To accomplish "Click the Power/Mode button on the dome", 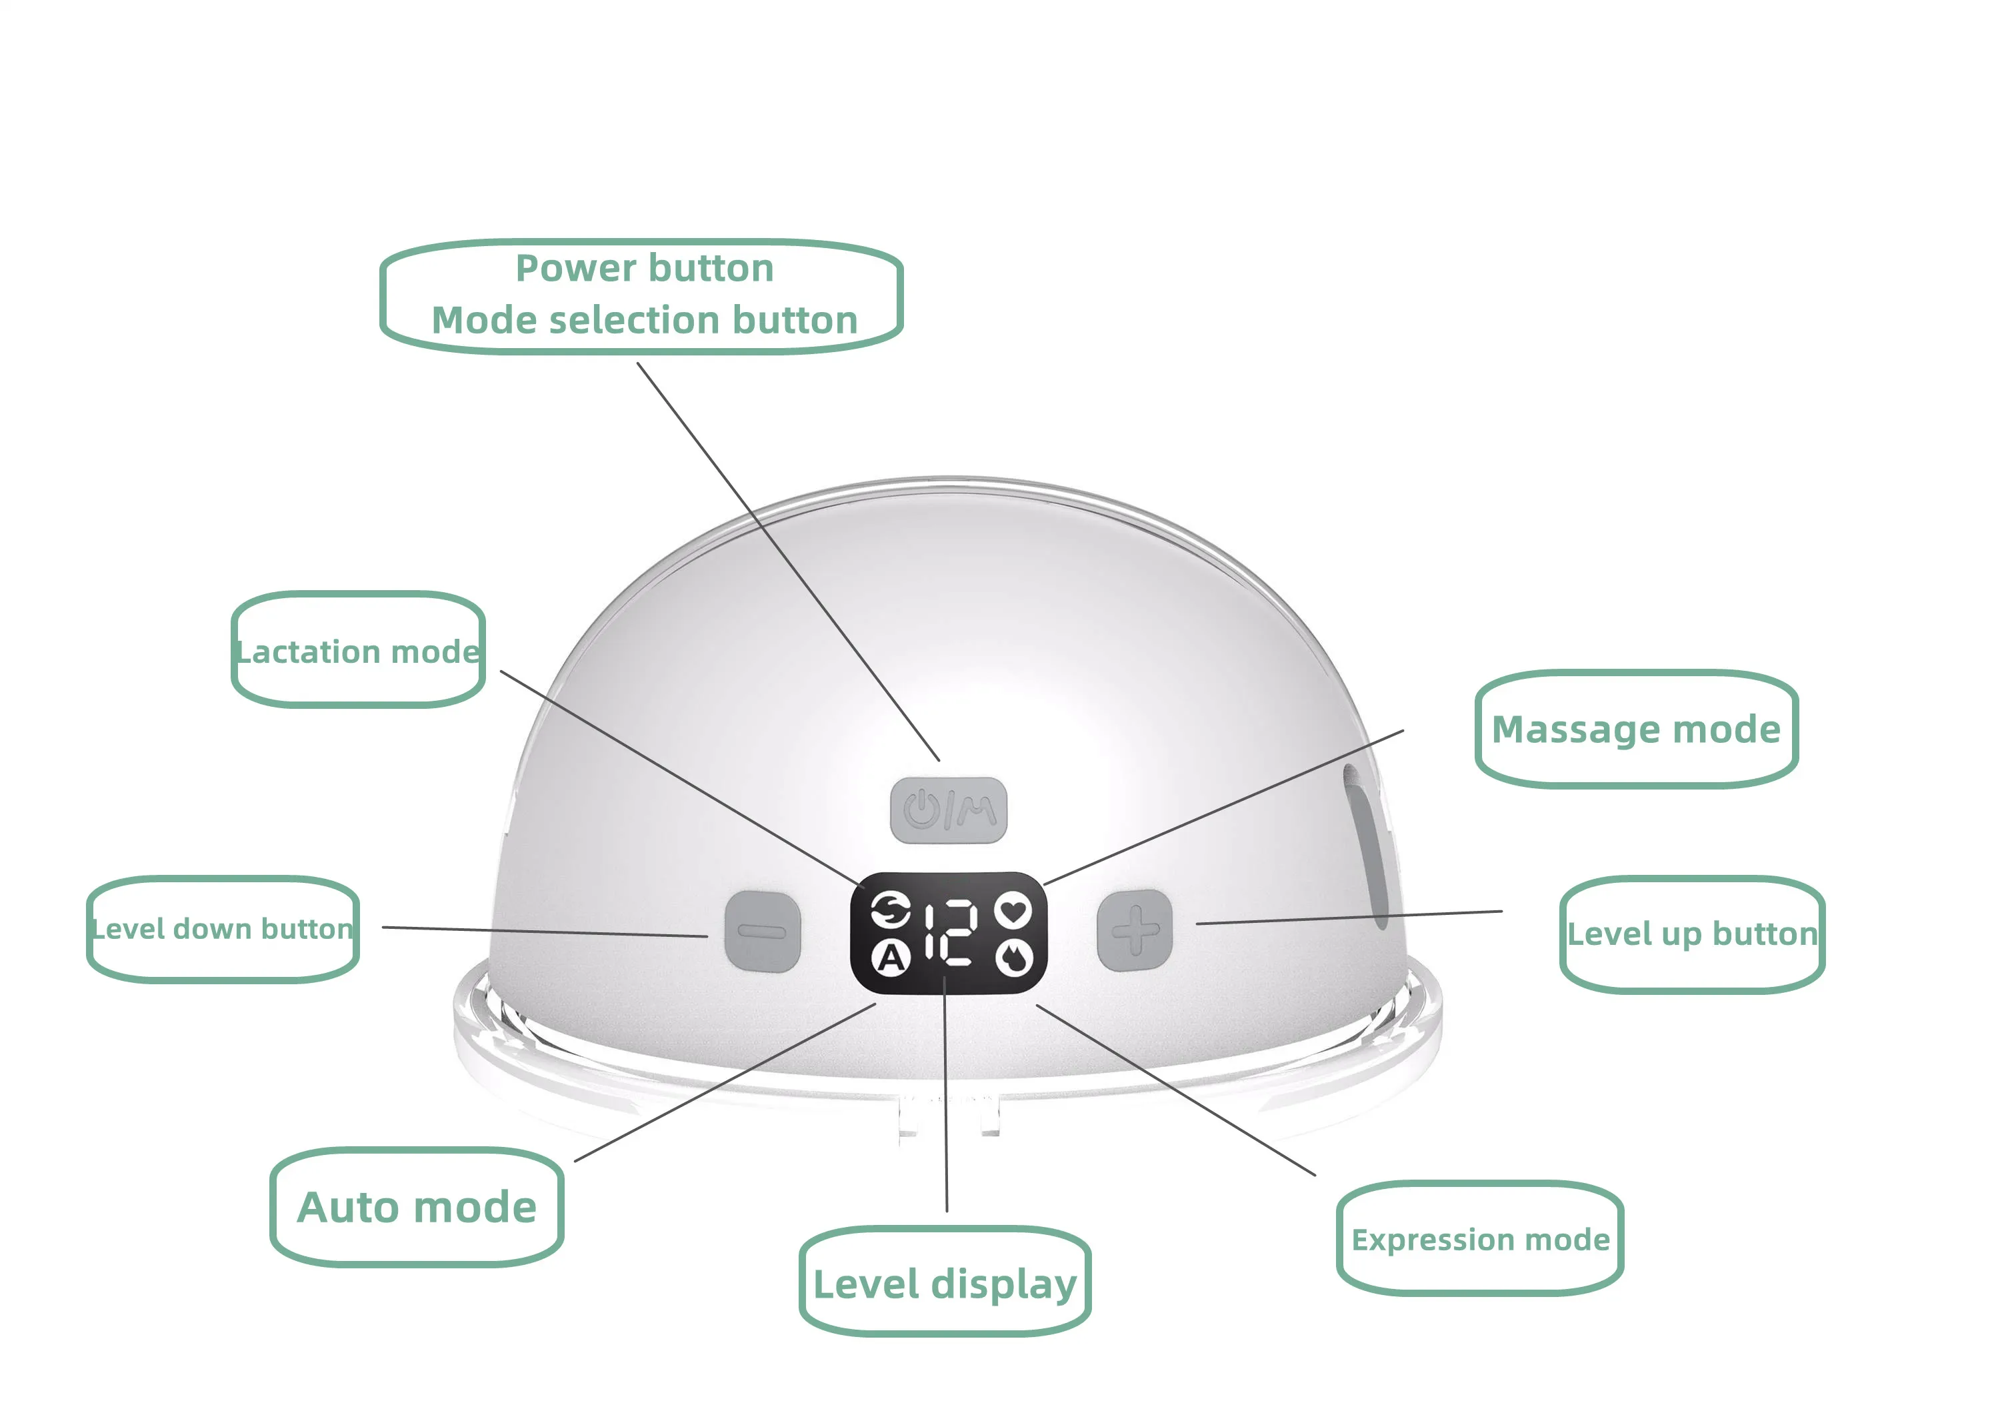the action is pyautogui.click(x=948, y=810).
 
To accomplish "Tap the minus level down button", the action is pyautogui.click(x=762, y=931).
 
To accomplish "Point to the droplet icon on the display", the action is pyautogui.click(x=1013, y=958).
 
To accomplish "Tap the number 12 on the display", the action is pyautogui.click(x=949, y=932).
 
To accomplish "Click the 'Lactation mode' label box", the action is pyautogui.click(x=358, y=650).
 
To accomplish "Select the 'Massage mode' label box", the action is pyautogui.click(x=1636, y=729).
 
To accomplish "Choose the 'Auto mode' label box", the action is pyautogui.click(x=417, y=1207).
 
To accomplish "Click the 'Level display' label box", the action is pyautogui.click(x=945, y=1283).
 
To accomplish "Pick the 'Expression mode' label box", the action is pyautogui.click(x=1480, y=1238).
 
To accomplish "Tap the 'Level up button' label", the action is pyautogui.click(x=1691, y=934).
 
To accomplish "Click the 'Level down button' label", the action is pyautogui.click(x=222, y=929).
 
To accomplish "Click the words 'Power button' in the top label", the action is pyautogui.click(x=645, y=267).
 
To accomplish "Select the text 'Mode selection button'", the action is pyautogui.click(x=645, y=320).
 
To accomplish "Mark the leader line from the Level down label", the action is pyautogui.click(x=545, y=932).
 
